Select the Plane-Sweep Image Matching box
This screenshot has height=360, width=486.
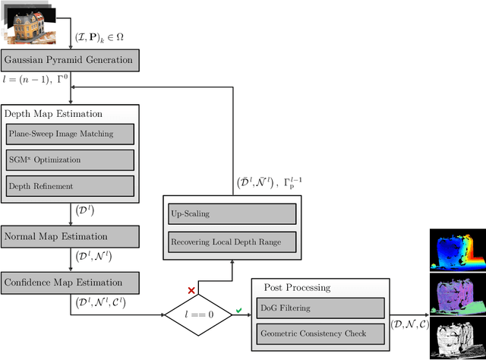[70, 134]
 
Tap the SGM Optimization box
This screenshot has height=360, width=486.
[70, 159]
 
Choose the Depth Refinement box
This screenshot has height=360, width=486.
[70, 185]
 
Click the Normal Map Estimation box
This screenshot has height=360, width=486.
[71, 235]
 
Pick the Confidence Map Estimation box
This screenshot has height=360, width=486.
[71, 283]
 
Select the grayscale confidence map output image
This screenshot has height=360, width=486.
[456, 334]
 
